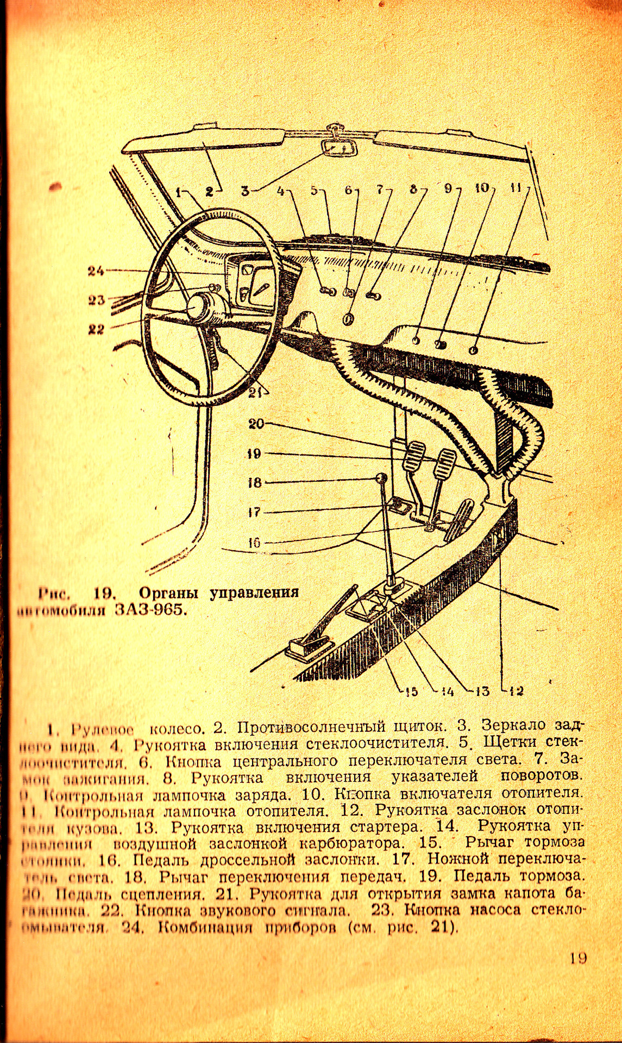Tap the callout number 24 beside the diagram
tap(96, 271)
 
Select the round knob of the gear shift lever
tap(381, 478)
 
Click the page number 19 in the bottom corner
tap(578, 958)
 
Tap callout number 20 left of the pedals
tap(256, 424)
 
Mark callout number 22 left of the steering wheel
tap(96, 329)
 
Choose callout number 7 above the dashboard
tap(380, 190)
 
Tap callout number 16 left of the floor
tap(254, 542)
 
